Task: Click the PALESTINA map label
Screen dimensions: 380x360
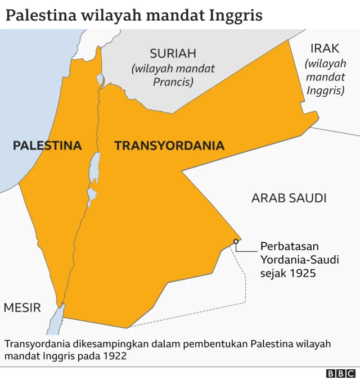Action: click(x=47, y=146)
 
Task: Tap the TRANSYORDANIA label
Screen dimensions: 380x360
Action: click(x=169, y=146)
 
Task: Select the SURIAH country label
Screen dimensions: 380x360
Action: click(x=173, y=54)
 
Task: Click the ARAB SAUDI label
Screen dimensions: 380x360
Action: click(x=289, y=198)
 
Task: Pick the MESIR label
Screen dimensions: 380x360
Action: click(x=22, y=307)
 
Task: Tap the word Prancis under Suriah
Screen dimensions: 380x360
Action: click(x=173, y=82)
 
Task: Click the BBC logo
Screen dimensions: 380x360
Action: click(x=341, y=373)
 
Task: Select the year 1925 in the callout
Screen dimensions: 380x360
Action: click(x=302, y=273)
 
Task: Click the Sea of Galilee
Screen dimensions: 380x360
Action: click(x=100, y=80)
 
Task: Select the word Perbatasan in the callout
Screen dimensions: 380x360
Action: click(x=290, y=246)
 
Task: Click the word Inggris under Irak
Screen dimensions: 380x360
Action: click(x=326, y=90)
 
